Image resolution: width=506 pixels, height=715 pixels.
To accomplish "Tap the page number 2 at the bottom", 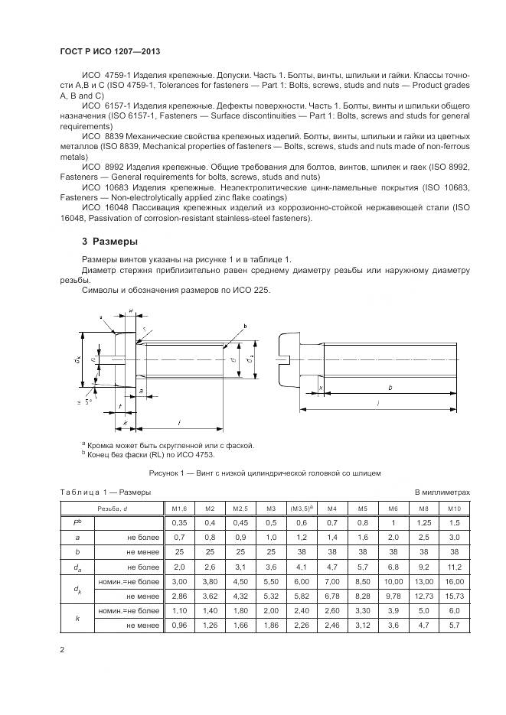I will coord(62,650).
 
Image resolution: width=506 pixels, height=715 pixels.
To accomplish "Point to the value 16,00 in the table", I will coord(455,582).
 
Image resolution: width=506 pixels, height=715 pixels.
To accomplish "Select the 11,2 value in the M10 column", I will coord(455,567).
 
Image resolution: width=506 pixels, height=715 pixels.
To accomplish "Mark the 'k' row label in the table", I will coord(78,618).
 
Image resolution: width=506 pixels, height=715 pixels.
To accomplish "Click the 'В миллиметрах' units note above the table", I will coord(442,492).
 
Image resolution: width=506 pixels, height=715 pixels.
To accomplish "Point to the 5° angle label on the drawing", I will coord(88,401).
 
